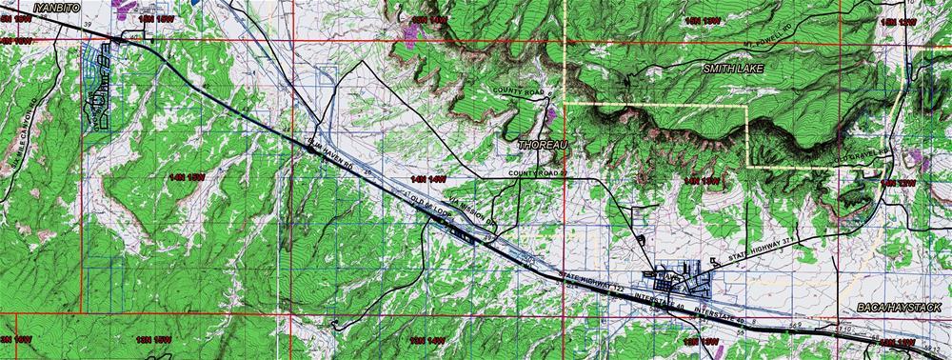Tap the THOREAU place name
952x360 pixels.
(x=544, y=144)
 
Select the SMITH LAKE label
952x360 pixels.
(x=733, y=70)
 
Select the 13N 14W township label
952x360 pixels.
(x=427, y=339)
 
